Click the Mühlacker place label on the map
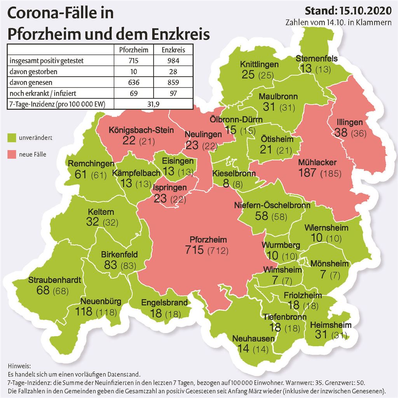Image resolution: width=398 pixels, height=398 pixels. coord(317,162)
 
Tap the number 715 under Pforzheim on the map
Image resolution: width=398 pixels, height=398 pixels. coord(195,249)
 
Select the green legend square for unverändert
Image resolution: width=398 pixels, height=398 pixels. coord(11,138)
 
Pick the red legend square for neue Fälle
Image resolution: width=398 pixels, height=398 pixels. coord(11,154)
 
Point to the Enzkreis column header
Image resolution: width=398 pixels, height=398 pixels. coord(173,50)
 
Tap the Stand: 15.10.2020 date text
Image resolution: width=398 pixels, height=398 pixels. coord(348,10)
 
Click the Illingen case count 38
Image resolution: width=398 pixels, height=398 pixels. coord(341,132)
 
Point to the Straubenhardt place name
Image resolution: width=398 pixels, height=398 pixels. coord(54,280)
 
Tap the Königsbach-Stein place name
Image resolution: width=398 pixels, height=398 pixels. coord(141,130)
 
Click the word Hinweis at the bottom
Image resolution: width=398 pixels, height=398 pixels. coord(18,366)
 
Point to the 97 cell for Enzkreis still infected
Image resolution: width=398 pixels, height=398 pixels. coord(173,93)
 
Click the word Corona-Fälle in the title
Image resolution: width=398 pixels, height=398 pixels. coord(60,14)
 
